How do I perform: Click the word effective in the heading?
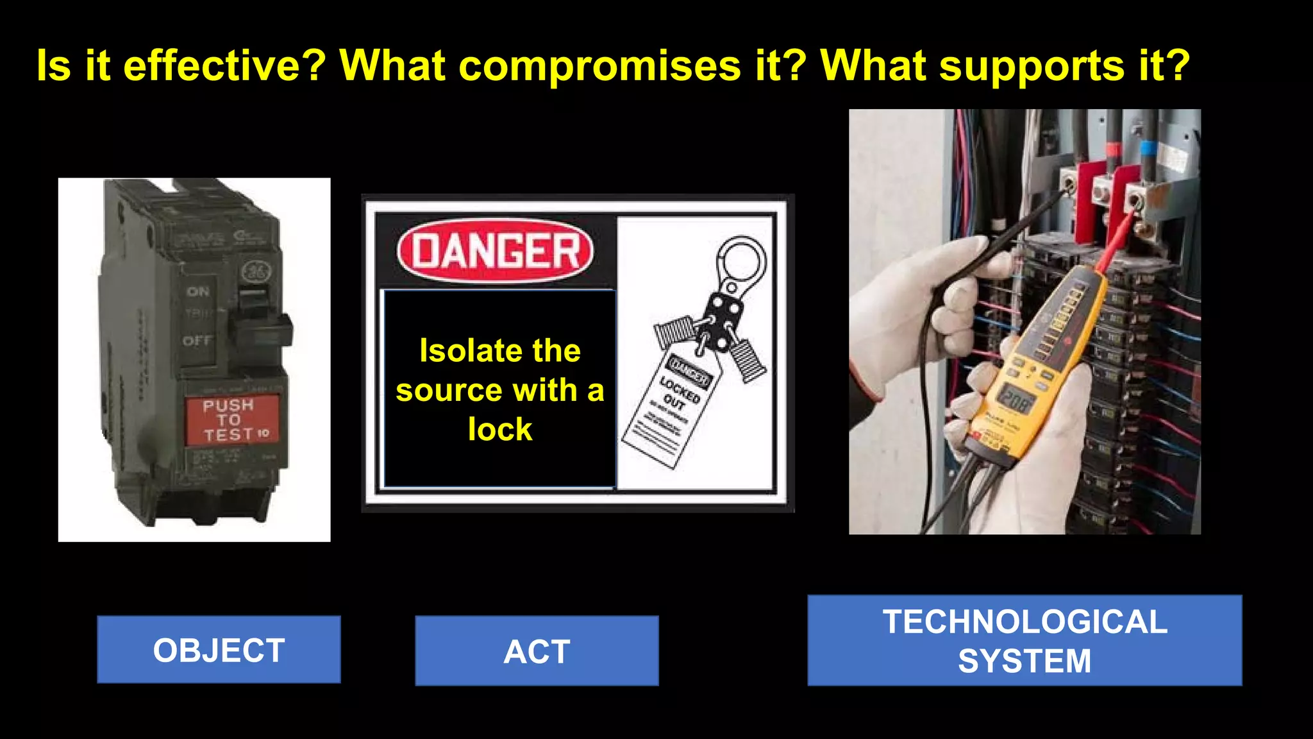[x=224, y=65]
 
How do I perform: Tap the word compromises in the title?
[x=600, y=65]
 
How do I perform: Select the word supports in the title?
[x=1032, y=65]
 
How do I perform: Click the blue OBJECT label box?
[x=219, y=650]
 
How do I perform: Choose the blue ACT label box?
[x=537, y=651]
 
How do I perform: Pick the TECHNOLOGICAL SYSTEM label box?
[x=1024, y=641]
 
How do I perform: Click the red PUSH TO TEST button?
[x=232, y=420]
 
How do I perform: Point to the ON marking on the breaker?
[x=198, y=292]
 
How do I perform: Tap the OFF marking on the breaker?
[x=197, y=341]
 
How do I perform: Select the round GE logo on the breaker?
[x=256, y=272]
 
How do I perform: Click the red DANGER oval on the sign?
[x=495, y=251]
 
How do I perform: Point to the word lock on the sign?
[x=500, y=429]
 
